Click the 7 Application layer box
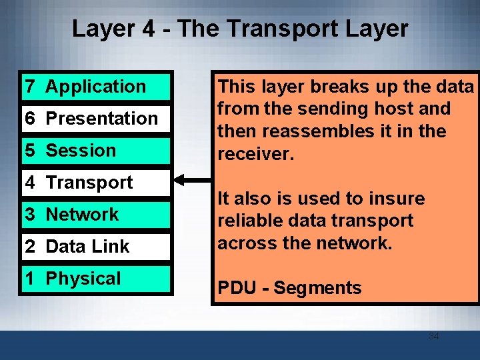(x=97, y=87)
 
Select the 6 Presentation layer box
(x=97, y=119)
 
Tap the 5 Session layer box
(x=97, y=151)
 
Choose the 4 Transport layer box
(x=97, y=183)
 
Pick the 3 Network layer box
(x=97, y=215)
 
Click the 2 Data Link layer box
(x=97, y=247)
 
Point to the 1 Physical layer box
(x=97, y=279)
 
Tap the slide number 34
(x=433, y=337)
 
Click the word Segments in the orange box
(x=317, y=289)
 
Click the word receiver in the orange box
(x=245, y=154)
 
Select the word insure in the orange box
(x=397, y=199)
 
